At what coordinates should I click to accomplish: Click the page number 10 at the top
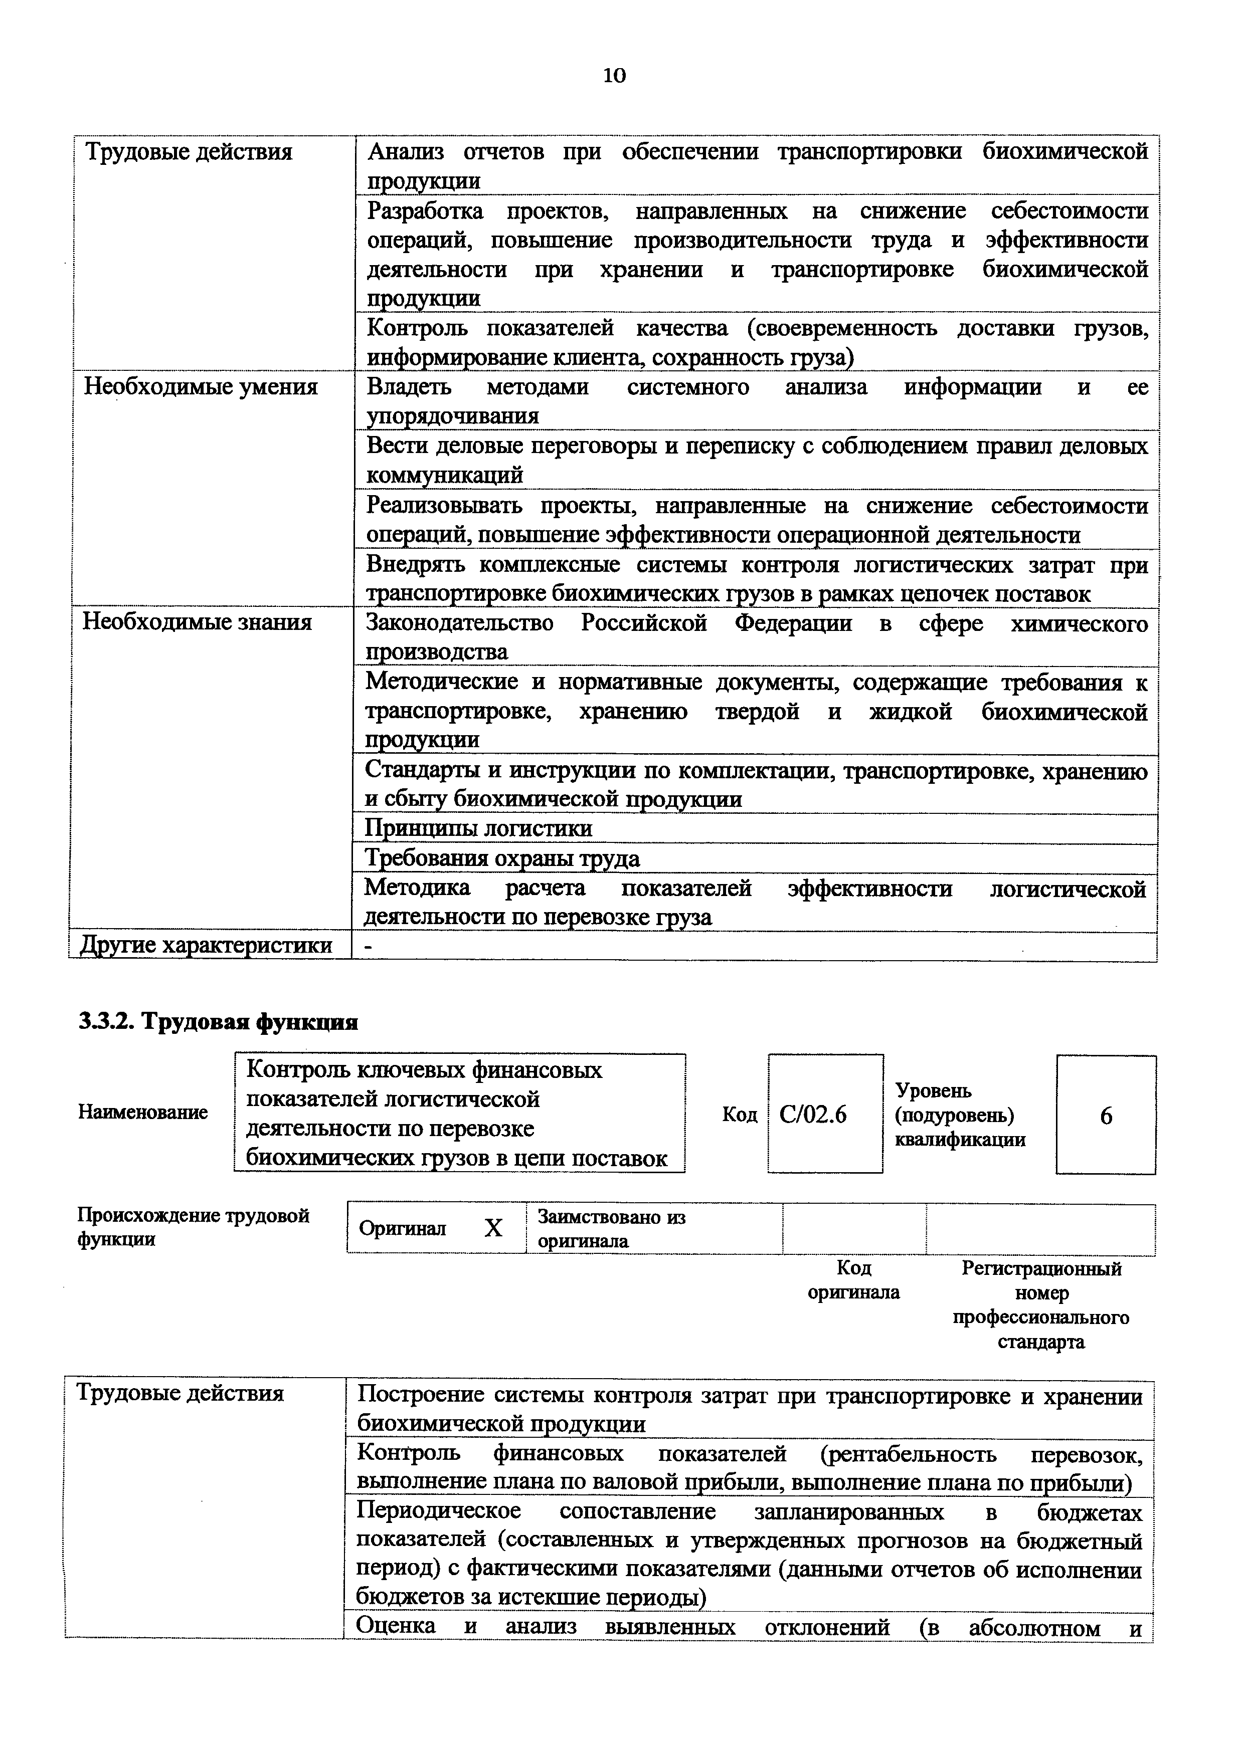614,75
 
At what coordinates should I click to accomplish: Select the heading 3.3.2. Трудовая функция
218,1022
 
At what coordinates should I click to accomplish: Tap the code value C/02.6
813,1115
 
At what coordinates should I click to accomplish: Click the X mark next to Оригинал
493,1228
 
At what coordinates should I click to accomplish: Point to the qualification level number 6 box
1106,1116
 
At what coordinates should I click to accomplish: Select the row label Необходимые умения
201,387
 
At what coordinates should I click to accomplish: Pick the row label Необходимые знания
198,622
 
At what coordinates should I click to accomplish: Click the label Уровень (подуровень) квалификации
960,1115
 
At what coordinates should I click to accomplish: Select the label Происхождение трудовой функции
193,1227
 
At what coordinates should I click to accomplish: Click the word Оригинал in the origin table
402,1228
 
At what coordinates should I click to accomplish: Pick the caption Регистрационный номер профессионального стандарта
1041,1304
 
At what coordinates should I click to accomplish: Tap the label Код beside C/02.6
739,1115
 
